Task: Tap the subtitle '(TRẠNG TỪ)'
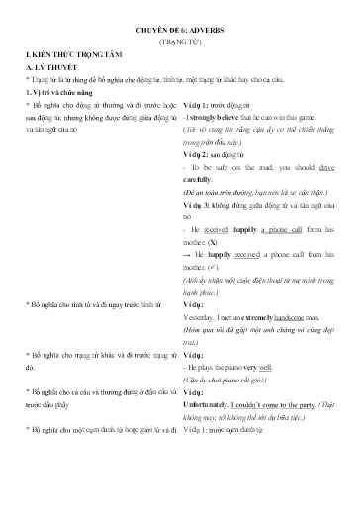(x=179, y=45)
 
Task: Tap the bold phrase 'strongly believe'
(x=219, y=118)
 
